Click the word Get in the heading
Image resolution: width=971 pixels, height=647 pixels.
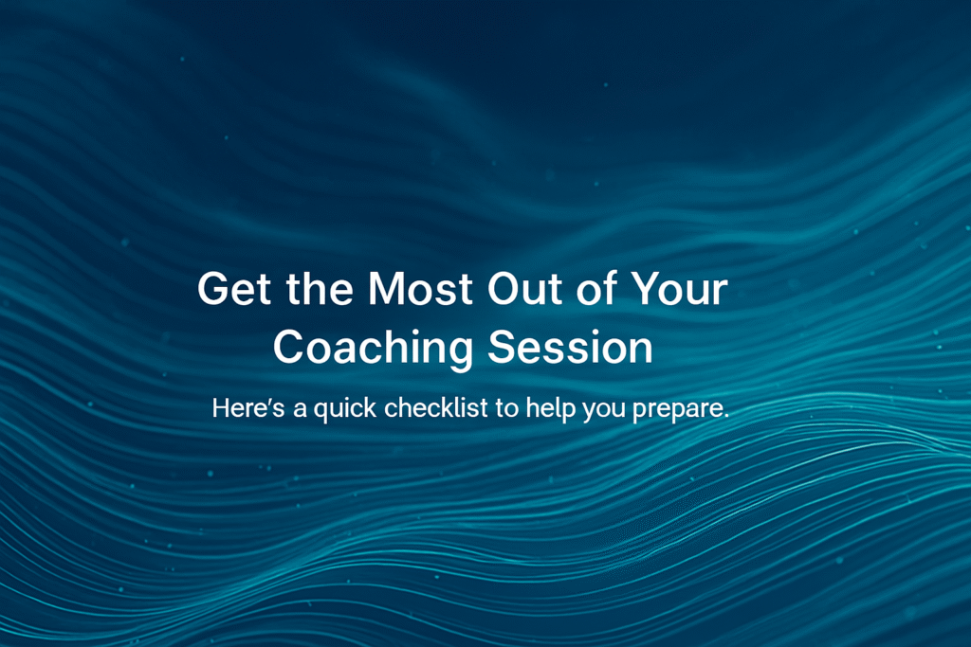tap(234, 289)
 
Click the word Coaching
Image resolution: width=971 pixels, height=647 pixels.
tap(374, 348)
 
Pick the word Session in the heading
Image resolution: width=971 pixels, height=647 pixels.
tap(570, 347)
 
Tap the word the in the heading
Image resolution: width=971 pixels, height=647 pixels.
tap(320, 288)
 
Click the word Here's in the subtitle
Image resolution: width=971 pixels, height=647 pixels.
tap(248, 408)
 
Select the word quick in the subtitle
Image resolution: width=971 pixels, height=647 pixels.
tap(345, 409)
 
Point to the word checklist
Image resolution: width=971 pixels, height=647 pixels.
tap(436, 407)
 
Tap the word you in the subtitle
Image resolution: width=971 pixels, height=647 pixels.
tap(604, 411)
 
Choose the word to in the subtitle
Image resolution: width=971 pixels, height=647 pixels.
tap(506, 408)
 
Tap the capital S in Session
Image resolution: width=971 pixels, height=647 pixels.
tap(503, 347)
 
